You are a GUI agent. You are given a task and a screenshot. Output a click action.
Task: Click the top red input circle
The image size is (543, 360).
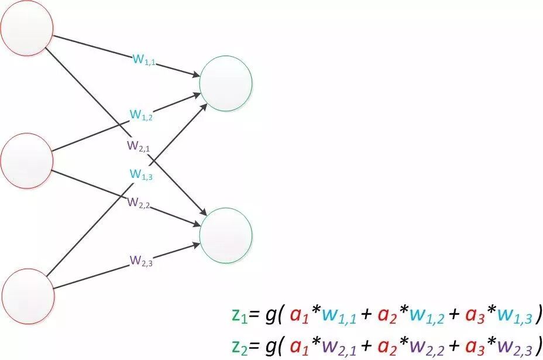click(x=27, y=26)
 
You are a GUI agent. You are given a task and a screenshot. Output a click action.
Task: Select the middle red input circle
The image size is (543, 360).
click(x=27, y=160)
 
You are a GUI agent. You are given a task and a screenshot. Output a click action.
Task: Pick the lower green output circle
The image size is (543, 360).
click(x=226, y=234)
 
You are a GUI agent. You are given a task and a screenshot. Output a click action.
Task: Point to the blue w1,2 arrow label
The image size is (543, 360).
click(x=141, y=116)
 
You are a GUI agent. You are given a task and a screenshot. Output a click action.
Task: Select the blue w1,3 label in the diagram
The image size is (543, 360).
click(x=141, y=174)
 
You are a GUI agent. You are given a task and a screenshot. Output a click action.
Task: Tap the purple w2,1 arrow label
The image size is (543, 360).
click(x=139, y=146)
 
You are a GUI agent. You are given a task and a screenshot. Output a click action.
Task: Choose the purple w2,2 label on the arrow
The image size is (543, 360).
click(x=140, y=203)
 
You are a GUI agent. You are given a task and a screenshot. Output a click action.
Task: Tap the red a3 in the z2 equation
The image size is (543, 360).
click(x=473, y=342)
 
